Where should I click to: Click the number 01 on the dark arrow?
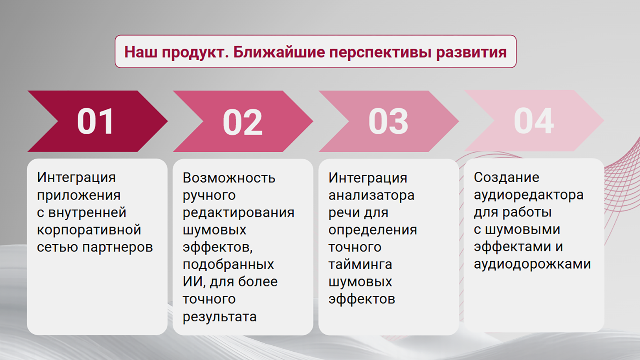(95, 121)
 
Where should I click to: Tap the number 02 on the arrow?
(242, 122)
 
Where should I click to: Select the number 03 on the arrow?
(388, 121)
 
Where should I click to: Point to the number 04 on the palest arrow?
(534, 121)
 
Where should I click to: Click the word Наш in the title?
(140, 52)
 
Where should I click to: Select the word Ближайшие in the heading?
(279, 52)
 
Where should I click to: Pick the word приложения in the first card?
(79, 196)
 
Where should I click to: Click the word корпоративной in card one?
(89, 230)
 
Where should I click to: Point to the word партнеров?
(118, 247)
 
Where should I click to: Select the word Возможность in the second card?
(229, 178)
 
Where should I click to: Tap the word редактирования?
(238, 213)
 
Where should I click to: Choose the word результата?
(219, 317)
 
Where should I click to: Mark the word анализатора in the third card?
(371, 196)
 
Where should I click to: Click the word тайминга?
(360, 264)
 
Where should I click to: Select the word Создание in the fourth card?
(506, 178)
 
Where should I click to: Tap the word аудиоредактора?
(529, 195)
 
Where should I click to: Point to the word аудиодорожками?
(532, 264)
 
